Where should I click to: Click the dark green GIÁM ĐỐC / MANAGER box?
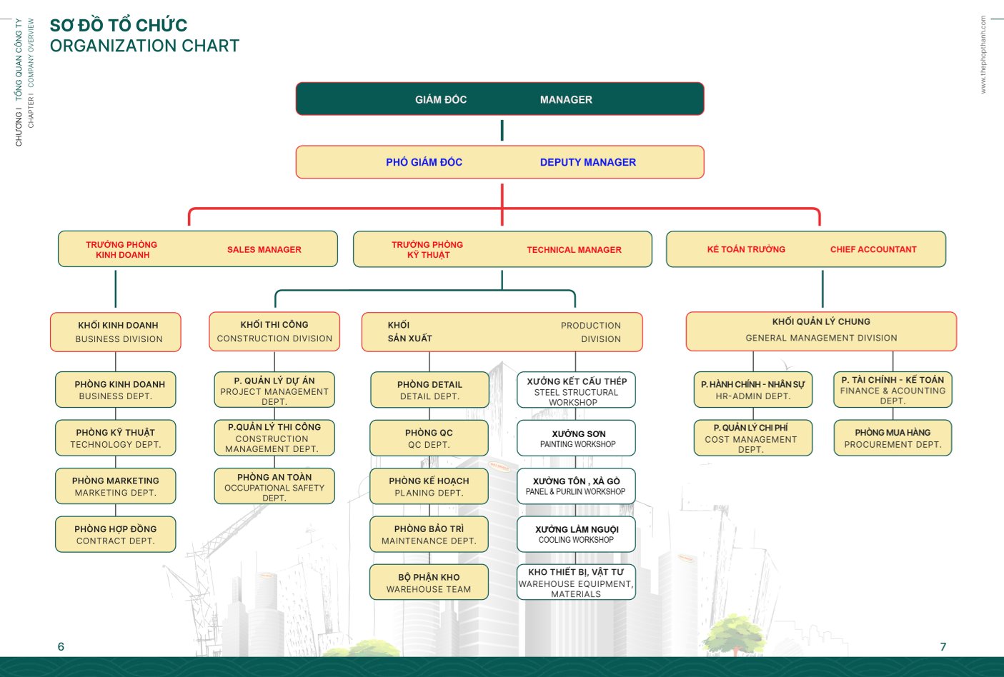(499, 99)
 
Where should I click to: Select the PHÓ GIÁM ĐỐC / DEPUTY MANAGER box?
(499, 162)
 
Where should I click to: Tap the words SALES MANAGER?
(264, 250)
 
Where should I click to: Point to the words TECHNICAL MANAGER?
(574, 250)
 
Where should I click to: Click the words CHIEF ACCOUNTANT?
(873, 249)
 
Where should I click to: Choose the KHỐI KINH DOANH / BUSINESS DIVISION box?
(116, 332)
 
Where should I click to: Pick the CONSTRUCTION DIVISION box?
(274, 332)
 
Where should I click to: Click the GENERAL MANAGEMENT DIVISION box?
(821, 331)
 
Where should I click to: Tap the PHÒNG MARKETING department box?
(116, 486)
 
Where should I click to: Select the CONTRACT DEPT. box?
(116, 535)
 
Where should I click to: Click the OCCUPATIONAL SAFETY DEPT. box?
(274, 486)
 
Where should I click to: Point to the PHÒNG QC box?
(429, 438)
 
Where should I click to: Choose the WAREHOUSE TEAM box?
(429, 583)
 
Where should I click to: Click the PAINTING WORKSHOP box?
(577, 438)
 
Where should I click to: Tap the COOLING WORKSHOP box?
(577, 534)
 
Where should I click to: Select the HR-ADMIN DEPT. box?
(753, 390)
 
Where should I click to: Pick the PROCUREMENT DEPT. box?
(893, 438)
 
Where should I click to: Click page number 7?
(943, 646)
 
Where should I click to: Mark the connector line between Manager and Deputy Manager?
(502, 130)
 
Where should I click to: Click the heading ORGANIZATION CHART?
(144, 46)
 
